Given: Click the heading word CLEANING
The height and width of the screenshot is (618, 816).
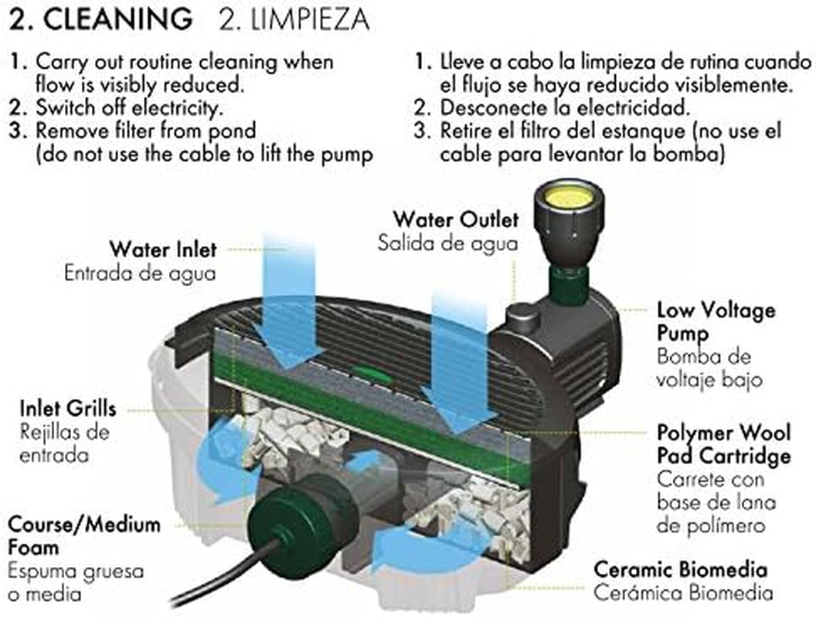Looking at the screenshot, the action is (x=117, y=19).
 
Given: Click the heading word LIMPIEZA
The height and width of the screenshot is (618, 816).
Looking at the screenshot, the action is (x=310, y=20).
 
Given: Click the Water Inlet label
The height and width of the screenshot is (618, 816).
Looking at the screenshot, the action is (x=163, y=250).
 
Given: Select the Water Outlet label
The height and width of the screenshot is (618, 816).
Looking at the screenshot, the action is (x=456, y=219).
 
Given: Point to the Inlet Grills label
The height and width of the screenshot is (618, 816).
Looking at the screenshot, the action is (x=68, y=409).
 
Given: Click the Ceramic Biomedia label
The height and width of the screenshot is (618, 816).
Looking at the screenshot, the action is (x=681, y=569).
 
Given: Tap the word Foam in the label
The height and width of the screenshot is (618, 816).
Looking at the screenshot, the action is (x=33, y=547).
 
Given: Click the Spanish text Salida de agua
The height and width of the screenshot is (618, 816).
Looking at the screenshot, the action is (x=447, y=243).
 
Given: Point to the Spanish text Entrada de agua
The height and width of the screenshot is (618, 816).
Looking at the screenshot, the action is (x=140, y=273).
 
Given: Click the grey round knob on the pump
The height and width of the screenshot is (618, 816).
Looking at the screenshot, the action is (x=522, y=315).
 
